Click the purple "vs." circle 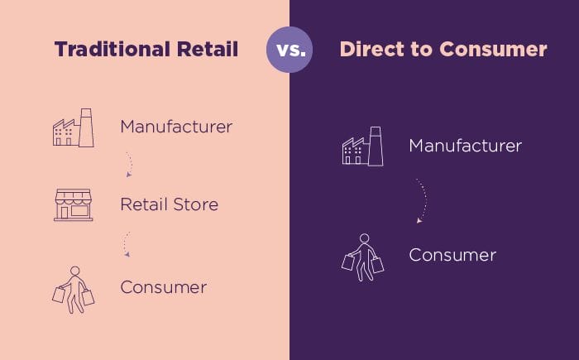289,50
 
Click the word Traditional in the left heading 104,50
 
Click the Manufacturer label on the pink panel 176,127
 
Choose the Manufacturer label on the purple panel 466,146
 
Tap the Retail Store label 170,204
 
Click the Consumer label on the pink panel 163,288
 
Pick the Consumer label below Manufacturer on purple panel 452,255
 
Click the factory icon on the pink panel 73,128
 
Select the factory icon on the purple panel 362,146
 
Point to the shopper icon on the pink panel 74,289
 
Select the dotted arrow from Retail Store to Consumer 127,244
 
